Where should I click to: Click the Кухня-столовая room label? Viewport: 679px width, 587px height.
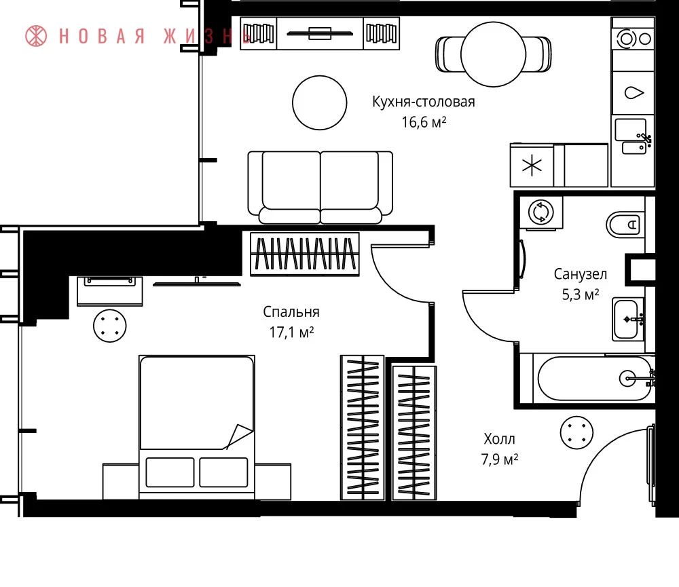(x=424, y=102)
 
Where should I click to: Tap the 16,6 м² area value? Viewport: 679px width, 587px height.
(x=424, y=122)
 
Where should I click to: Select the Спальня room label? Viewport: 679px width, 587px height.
(x=291, y=311)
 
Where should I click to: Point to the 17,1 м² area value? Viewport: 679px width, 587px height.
(x=291, y=332)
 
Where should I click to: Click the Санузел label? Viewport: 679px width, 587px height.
(x=581, y=274)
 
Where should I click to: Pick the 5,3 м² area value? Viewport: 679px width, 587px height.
(x=581, y=295)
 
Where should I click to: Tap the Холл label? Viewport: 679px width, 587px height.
(x=499, y=439)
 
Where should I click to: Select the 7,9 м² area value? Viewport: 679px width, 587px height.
(x=499, y=459)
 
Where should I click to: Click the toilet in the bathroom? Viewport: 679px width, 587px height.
(x=625, y=225)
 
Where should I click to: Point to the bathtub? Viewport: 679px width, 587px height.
(x=594, y=379)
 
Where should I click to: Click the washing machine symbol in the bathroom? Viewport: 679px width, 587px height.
(x=541, y=212)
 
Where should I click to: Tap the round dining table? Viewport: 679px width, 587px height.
(x=493, y=54)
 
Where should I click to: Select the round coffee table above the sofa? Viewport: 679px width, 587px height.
(x=320, y=102)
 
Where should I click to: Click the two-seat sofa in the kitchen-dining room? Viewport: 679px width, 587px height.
(x=320, y=187)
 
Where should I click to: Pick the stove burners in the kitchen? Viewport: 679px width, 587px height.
(x=633, y=39)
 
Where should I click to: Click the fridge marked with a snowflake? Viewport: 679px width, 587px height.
(x=532, y=166)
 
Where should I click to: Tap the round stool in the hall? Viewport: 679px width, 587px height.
(x=576, y=432)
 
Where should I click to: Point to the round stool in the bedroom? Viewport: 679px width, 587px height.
(x=110, y=326)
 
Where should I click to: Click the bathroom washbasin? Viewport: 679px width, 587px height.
(x=628, y=320)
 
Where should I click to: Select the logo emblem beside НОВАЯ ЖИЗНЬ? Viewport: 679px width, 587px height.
(x=36, y=36)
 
